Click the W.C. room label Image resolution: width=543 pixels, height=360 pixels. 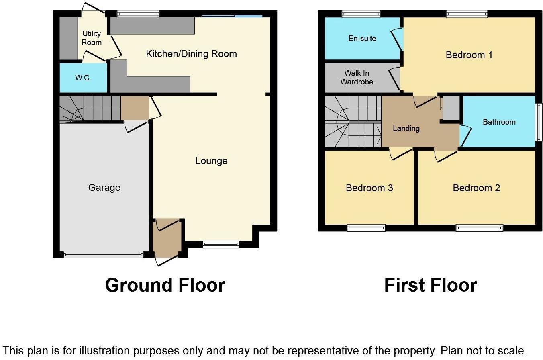83,78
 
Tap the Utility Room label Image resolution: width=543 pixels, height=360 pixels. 92,38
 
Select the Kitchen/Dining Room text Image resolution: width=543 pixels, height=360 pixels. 191,54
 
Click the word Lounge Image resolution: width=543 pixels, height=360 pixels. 211,161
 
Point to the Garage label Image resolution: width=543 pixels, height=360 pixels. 104,188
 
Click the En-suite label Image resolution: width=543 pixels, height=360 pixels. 362,39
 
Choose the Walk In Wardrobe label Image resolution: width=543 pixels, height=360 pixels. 357,77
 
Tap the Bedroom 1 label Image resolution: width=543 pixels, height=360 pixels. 469,55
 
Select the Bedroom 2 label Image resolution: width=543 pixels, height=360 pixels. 476,188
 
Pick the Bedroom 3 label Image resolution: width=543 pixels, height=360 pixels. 369,188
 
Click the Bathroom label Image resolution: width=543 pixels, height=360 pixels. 499,122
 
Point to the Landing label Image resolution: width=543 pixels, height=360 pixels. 406,129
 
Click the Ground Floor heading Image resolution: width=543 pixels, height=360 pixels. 165,285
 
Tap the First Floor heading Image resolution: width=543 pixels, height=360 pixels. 430,285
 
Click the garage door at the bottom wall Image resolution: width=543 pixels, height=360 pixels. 103,255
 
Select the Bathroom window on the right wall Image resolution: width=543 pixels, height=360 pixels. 538,122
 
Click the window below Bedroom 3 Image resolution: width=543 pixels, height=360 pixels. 366,228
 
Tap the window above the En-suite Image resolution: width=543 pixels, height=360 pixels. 361,14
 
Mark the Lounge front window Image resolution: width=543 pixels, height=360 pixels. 220,244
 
